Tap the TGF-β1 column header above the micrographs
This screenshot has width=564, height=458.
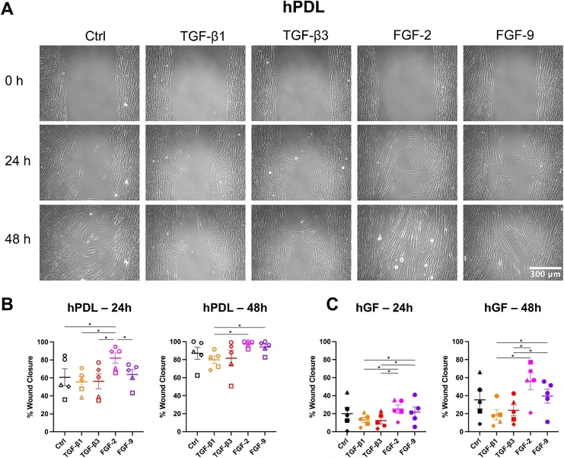click(193, 35)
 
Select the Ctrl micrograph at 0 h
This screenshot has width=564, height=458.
click(88, 82)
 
